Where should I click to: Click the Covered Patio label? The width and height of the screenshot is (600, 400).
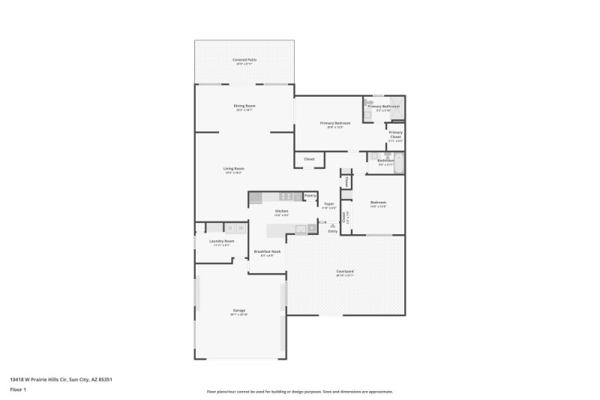click(244, 59)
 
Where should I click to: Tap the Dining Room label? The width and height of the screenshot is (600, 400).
click(244, 106)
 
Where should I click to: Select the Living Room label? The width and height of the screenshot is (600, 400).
click(234, 169)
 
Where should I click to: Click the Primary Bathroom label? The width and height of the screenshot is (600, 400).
click(383, 107)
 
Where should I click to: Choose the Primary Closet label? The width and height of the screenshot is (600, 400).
click(395, 136)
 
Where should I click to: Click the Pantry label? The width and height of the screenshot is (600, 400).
click(310, 195)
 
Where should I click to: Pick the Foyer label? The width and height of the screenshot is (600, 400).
click(328, 204)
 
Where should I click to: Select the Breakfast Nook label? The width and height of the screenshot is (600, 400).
click(267, 251)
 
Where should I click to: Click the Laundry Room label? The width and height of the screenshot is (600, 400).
click(223, 241)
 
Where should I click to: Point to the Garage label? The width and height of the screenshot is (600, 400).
click(239, 311)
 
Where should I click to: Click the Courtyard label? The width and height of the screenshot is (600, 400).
click(345, 272)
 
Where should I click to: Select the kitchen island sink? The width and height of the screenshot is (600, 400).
click(301, 229)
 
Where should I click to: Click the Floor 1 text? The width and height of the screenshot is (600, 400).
click(18, 390)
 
